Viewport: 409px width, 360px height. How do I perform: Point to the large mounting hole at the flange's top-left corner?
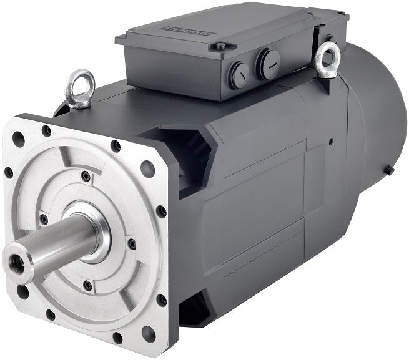(19, 139)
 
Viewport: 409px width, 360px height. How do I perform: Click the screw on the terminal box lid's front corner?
(219, 46)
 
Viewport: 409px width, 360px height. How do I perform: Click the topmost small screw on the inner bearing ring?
(85, 177)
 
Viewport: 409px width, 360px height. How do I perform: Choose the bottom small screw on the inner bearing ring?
(87, 285)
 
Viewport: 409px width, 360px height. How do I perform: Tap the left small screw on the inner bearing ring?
(43, 219)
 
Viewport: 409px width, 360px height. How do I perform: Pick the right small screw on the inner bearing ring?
(131, 243)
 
